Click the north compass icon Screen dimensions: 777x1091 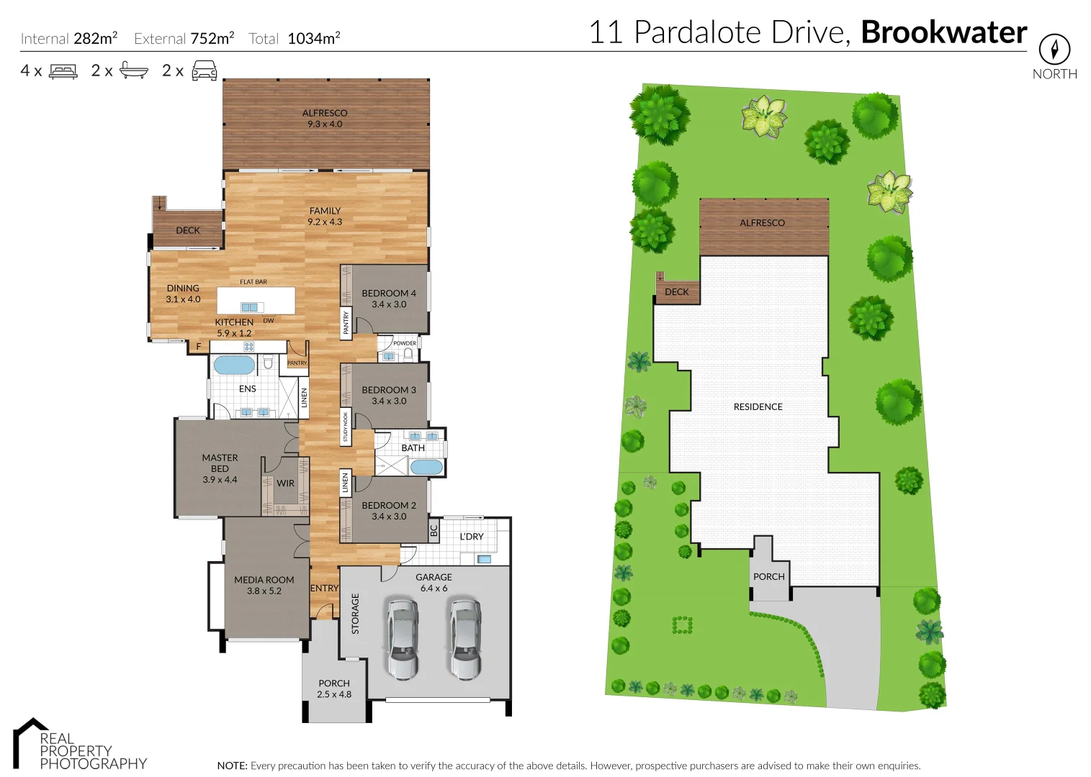tap(1054, 50)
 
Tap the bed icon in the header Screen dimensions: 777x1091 tap(63, 71)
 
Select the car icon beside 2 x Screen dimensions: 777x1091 tap(205, 71)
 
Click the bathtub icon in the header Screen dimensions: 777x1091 tap(134, 71)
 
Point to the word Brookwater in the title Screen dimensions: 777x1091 tap(943, 32)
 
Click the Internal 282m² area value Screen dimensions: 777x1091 tap(95, 39)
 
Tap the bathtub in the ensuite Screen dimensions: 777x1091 tap(234, 365)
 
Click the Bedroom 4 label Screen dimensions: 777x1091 tap(389, 299)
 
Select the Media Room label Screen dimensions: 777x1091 tap(264, 585)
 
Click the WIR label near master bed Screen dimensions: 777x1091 tap(286, 483)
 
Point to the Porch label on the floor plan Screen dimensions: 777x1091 tap(334, 689)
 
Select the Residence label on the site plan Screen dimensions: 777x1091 tap(758, 407)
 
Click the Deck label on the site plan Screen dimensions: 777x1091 tap(676, 292)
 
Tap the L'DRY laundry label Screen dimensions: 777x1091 tap(472, 537)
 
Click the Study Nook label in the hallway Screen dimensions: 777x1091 tap(346, 427)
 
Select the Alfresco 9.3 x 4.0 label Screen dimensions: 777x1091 tap(325, 119)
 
